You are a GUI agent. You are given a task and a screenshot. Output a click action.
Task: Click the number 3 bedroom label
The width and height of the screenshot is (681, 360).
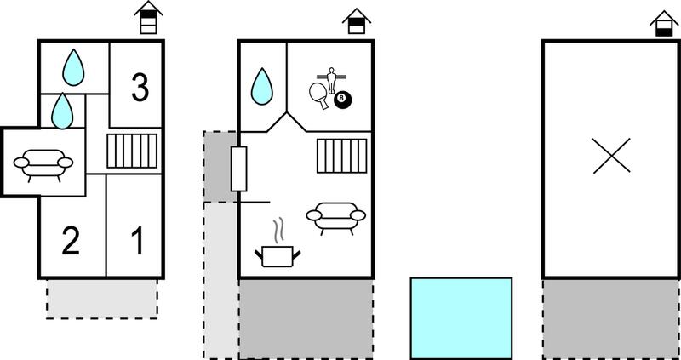[140, 88]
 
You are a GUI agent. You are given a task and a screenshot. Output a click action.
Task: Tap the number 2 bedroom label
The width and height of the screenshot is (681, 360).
[71, 241]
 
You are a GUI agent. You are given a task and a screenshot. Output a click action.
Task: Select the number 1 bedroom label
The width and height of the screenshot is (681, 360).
[138, 241]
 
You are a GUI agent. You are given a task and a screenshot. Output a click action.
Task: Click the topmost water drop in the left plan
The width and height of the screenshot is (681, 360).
[73, 67]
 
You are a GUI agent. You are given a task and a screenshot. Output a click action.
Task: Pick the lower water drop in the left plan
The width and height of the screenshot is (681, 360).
[62, 111]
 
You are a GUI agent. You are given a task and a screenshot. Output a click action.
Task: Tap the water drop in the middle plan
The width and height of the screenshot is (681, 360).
[262, 87]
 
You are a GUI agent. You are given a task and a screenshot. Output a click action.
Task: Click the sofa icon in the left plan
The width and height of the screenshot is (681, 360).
[43, 165]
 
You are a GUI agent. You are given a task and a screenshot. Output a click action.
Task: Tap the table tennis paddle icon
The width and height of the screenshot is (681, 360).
[319, 95]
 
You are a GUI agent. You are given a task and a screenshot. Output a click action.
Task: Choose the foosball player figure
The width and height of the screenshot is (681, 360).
[332, 80]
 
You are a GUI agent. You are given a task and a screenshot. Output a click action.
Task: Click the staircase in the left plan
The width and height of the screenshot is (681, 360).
[132, 151]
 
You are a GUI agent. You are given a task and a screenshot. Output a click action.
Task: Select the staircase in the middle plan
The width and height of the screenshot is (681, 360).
[342, 156]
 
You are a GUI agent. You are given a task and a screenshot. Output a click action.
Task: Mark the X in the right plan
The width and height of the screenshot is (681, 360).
[611, 156]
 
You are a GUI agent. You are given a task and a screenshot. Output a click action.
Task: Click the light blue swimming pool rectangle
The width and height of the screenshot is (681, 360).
[461, 318]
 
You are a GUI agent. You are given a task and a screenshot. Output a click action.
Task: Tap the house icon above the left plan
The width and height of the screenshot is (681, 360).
[148, 17]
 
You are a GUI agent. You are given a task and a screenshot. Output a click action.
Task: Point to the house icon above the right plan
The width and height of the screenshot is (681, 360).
[664, 24]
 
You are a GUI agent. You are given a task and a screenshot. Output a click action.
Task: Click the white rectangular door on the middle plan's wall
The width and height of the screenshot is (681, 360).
[239, 169]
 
